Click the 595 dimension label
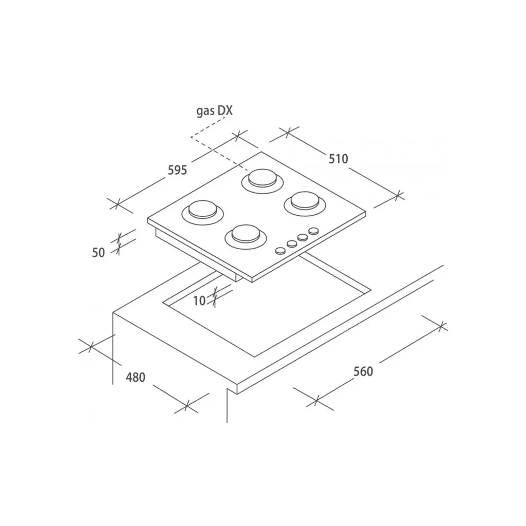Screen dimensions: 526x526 [177, 171]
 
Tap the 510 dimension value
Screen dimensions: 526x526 [338, 159]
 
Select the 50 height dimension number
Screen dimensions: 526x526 [99, 252]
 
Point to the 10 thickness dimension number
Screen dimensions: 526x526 [199, 301]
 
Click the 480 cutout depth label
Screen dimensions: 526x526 [136, 378]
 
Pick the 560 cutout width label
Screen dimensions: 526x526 [363, 371]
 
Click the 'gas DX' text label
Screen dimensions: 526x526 [214, 111]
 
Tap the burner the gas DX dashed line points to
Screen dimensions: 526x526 [262, 181]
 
